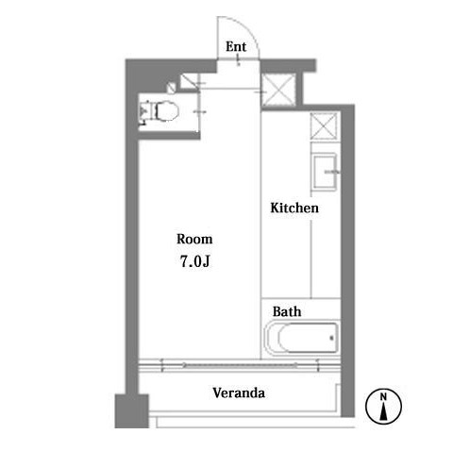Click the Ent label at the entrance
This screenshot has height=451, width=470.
tap(236, 46)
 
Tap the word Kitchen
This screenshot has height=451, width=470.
tap(294, 208)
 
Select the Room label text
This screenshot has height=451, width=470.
tap(194, 239)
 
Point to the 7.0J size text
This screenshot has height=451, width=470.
tap(194, 261)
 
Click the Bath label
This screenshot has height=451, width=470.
tap(287, 311)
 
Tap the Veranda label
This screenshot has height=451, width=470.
tap(239, 393)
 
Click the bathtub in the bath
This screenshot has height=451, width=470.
tap(302, 338)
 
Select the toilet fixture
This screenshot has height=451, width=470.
tap(160, 110)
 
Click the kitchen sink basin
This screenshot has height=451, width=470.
tap(325, 172)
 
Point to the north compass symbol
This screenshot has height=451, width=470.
tap(383, 406)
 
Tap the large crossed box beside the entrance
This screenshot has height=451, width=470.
tap(278, 90)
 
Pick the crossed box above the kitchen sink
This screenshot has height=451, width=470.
tap(324, 125)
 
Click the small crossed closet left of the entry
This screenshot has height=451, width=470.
tap(189, 81)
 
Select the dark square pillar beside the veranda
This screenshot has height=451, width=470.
tap(131, 411)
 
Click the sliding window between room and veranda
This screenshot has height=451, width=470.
tap(240, 365)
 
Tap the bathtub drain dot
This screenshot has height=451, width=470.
tap(331, 338)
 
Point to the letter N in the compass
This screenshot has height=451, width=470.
tap(383, 397)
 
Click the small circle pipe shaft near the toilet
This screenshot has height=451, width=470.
tap(172, 87)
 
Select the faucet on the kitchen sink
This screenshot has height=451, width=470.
tap(332, 172)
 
